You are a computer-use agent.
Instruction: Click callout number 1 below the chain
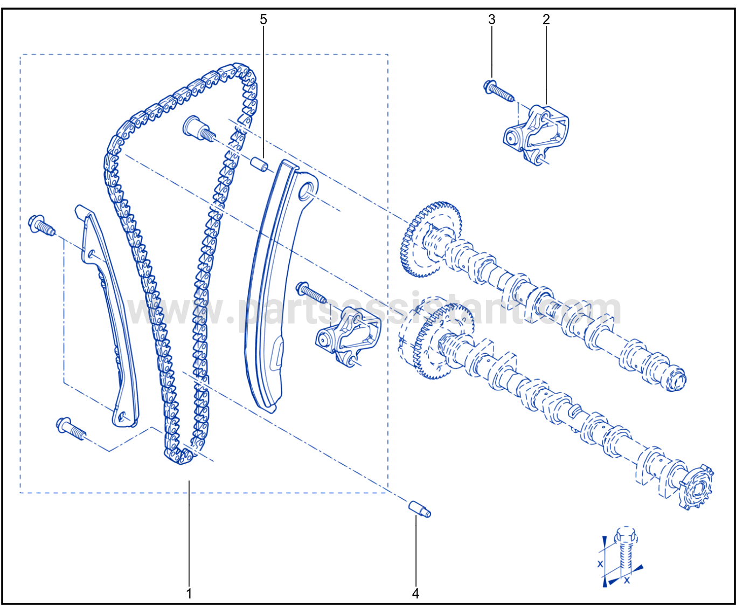click(x=189, y=593)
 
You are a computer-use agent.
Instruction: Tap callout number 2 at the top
click(x=546, y=19)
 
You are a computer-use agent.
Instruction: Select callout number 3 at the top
click(x=492, y=19)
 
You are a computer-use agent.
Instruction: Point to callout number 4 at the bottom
click(x=415, y=593)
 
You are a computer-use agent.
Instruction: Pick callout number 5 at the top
click(x=263, y=19)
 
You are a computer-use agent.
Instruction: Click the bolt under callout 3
click(x=498, y=91)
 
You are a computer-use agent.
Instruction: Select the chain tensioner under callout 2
click(x=536, y=135)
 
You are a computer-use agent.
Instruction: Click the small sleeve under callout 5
click(x=259, y=164)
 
